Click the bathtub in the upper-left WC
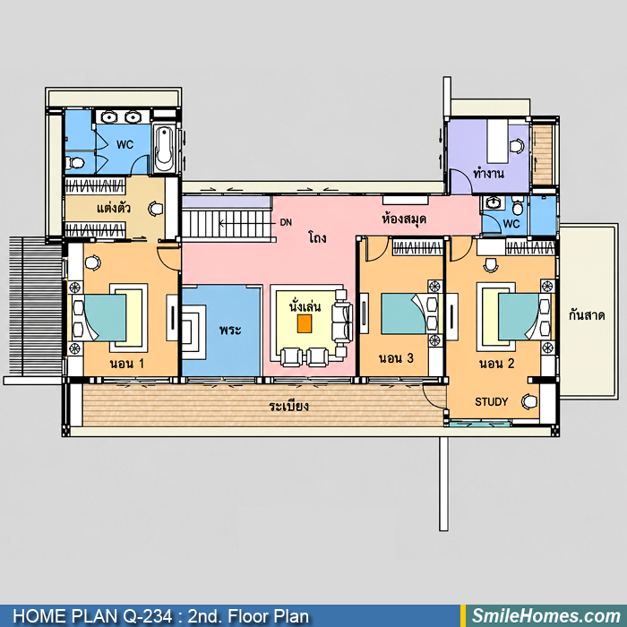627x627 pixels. pyautogui.click(x=164, y=150)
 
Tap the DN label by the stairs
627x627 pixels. pyautogui.click(x=286, y=222)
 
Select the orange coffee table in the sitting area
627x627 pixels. pyautogui.click(x=305, y=323)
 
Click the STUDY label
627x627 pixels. pyautogui.click(x=491, y=401)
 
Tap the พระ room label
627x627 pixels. pyautogui.click(x=230, y=330)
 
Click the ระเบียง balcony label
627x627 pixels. pyautogui.click(x=288, y=407)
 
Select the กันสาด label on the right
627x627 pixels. pyautogui.click(x=586, y=315)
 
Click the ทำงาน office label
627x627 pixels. pyautogui.click(x=488, y=173)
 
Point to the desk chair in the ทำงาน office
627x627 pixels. pyautogui.click(x=517, y=145)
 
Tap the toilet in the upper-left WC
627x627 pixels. pyautogui.click(x=75, y=162)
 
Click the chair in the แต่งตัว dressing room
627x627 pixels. pyautogui.click(x=156, y=209)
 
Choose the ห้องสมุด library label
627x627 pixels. pyautogui.click(x=404, y=219)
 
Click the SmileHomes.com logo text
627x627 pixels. pyautogui.click(x=545, y=616)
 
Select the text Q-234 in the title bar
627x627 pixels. pyautogui.click(x=148, y=616)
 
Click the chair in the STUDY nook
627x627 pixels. pyautogui.click(x=529, y=401)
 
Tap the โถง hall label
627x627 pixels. pyautogui.click(x=317, y=237)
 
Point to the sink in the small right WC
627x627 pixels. pyautogui.click(x=493, y=202)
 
